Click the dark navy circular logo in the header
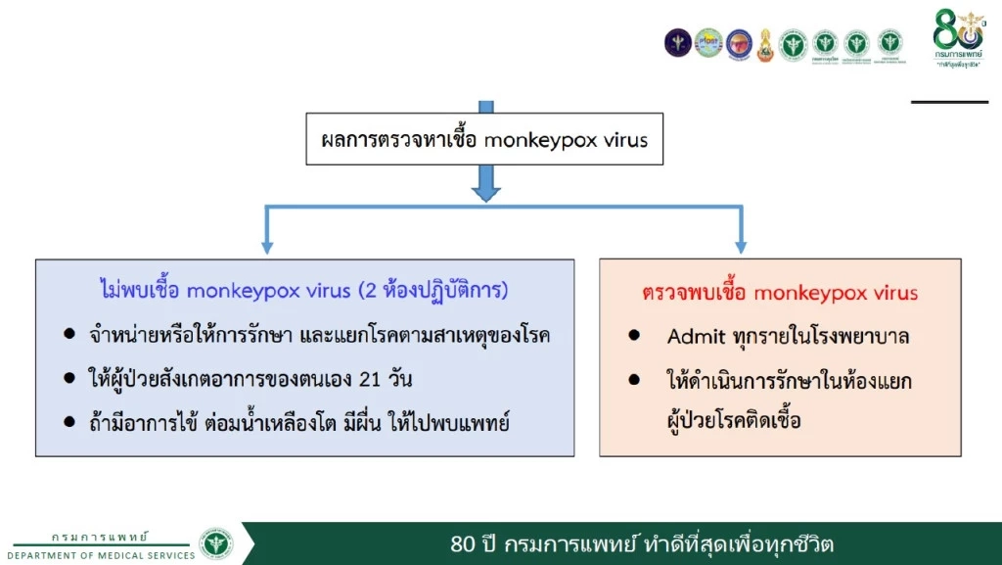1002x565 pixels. pos(677,42)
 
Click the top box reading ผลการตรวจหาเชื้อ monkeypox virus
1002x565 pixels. pos(484,140)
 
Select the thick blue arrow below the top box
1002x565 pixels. pos(485,182)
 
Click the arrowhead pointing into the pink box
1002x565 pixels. pos(740,246)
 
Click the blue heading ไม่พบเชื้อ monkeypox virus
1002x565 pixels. pos(303,291)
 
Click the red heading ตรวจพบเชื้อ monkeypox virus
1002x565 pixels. pos(780,293)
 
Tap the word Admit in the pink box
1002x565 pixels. pos(697,337)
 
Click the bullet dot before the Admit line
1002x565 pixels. pos(635,336)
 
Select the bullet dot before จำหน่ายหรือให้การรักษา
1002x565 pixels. pos(69,335)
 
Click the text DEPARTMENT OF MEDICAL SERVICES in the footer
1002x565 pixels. pos(109,555)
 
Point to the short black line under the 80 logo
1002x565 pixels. pos(948,102)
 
